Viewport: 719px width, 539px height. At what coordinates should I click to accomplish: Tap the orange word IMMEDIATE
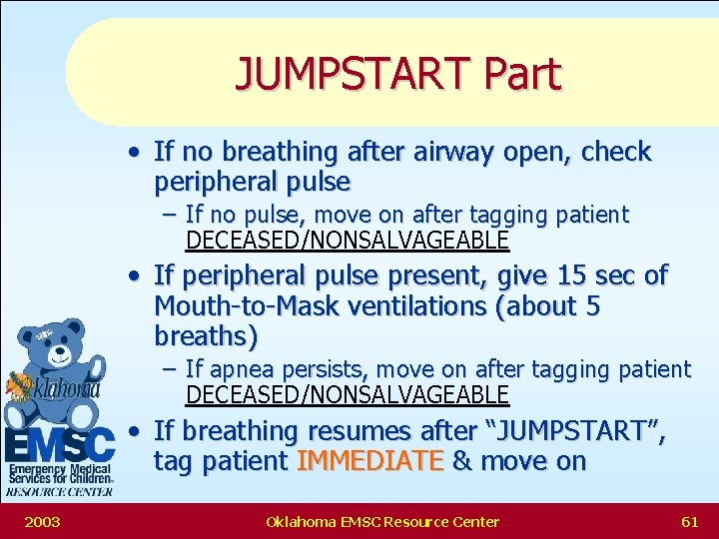point(370,461)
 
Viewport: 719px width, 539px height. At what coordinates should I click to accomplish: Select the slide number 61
point(689,521)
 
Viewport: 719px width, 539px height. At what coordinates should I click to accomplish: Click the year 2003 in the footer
point(41,521)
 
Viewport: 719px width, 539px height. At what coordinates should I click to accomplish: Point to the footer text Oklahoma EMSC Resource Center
point(382,521)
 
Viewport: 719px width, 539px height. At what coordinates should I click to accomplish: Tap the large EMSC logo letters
point(60,445)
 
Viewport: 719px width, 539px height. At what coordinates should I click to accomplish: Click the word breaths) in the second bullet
point(205,336)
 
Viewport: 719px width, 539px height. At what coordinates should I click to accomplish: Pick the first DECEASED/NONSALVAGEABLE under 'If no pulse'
point(348,241)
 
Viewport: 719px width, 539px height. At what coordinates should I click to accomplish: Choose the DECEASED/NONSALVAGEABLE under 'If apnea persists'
point(348,395)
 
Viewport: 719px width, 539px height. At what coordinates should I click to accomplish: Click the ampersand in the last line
point(461,461)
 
